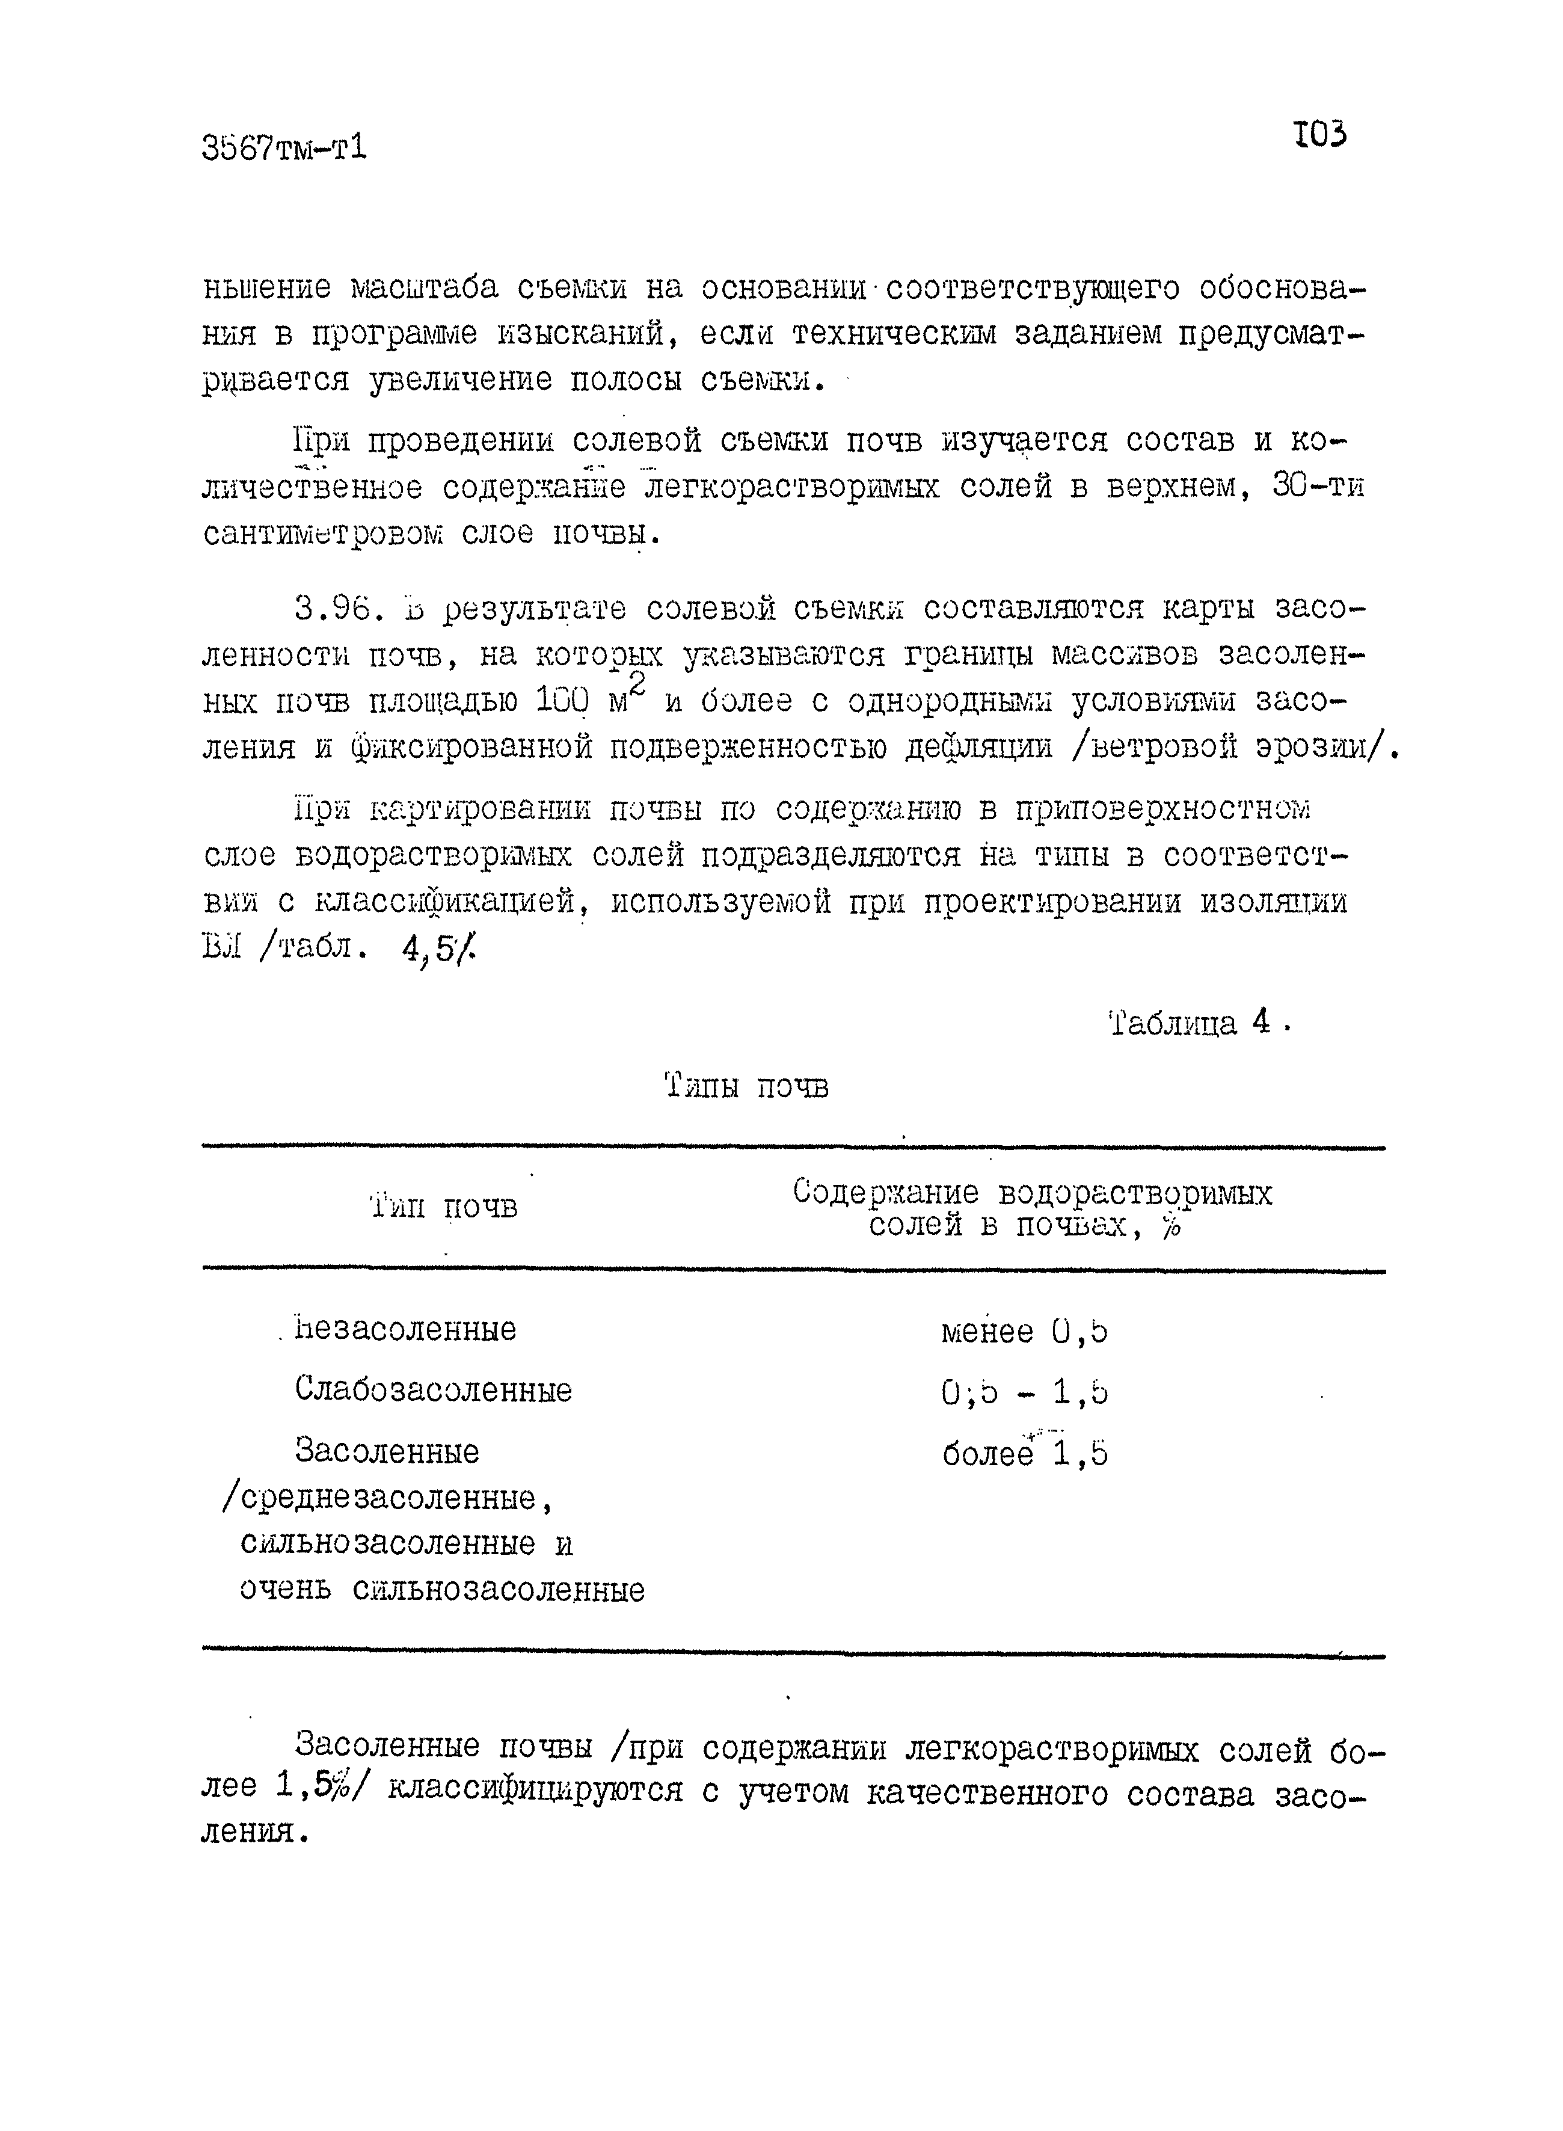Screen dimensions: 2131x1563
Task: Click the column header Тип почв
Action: (444, 1207)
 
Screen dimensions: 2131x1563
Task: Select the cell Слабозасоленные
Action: (434, 1390)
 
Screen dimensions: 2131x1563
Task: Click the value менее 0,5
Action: (1024, 1332)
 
